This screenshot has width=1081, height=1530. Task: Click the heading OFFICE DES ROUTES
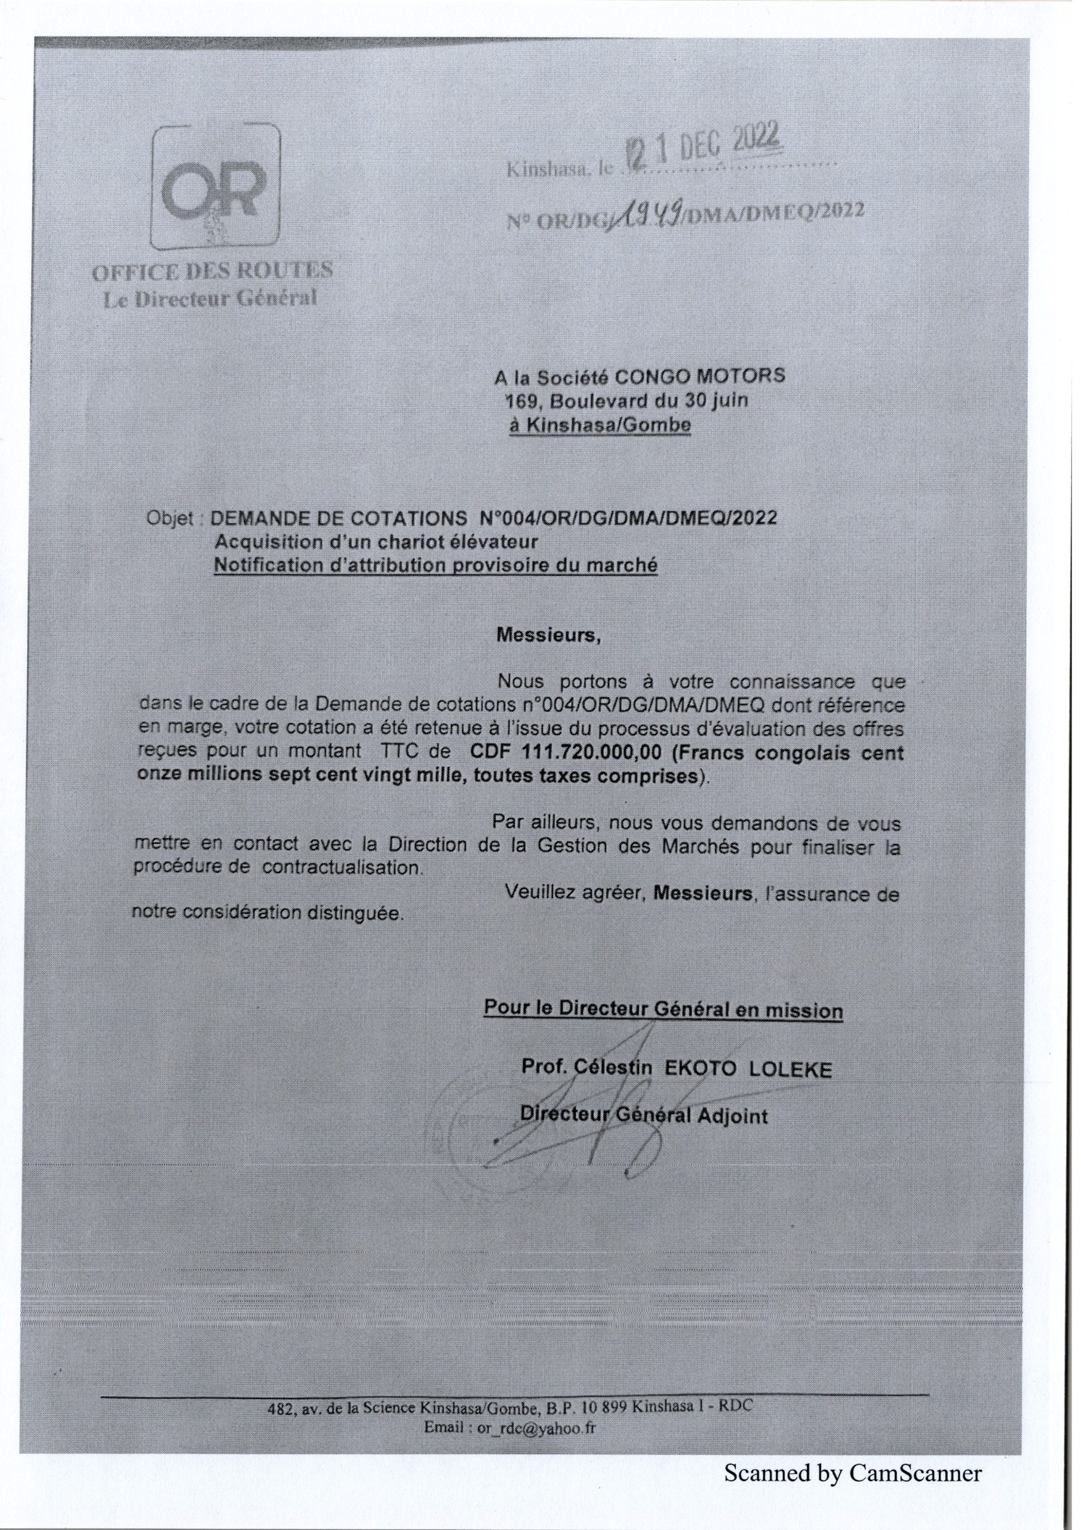click(213, 271)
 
